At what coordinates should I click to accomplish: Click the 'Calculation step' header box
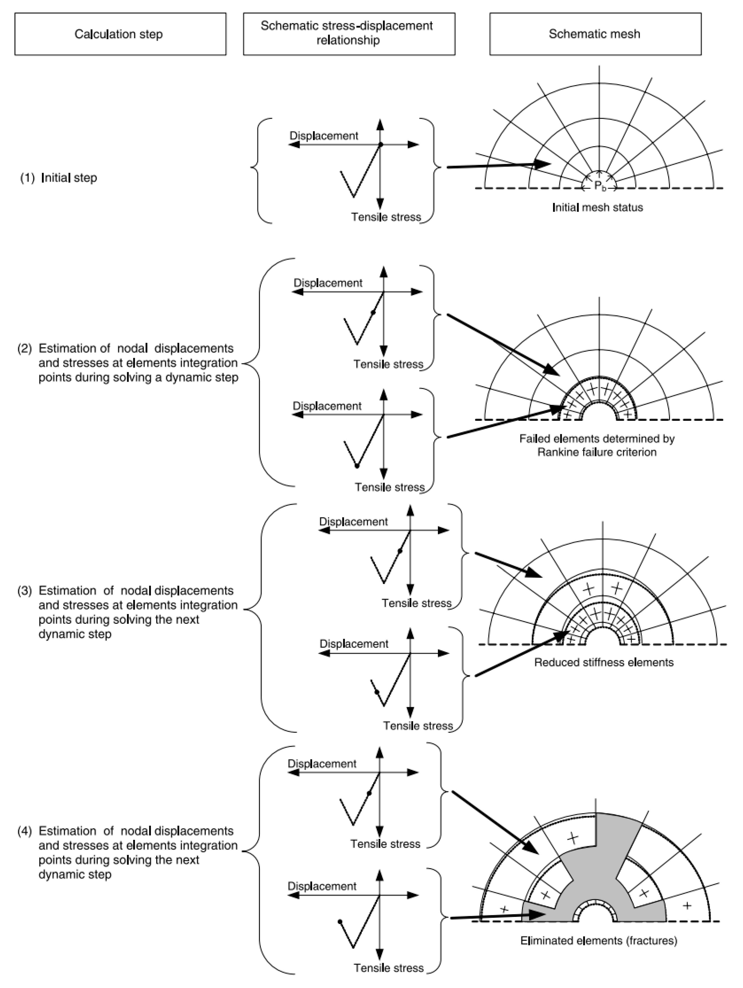click(x=120, y=34)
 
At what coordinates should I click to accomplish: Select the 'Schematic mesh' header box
click(x=595, y=34)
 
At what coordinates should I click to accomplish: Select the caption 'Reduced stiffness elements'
click(x=604, y=662)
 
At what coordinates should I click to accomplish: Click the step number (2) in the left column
click(x=25, y=348)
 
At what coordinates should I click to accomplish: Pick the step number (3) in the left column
click(x=25, y=591)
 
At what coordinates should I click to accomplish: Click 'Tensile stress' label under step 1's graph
click(x=386, y=217)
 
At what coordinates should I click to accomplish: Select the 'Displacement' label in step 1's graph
click(x=324, y=136)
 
